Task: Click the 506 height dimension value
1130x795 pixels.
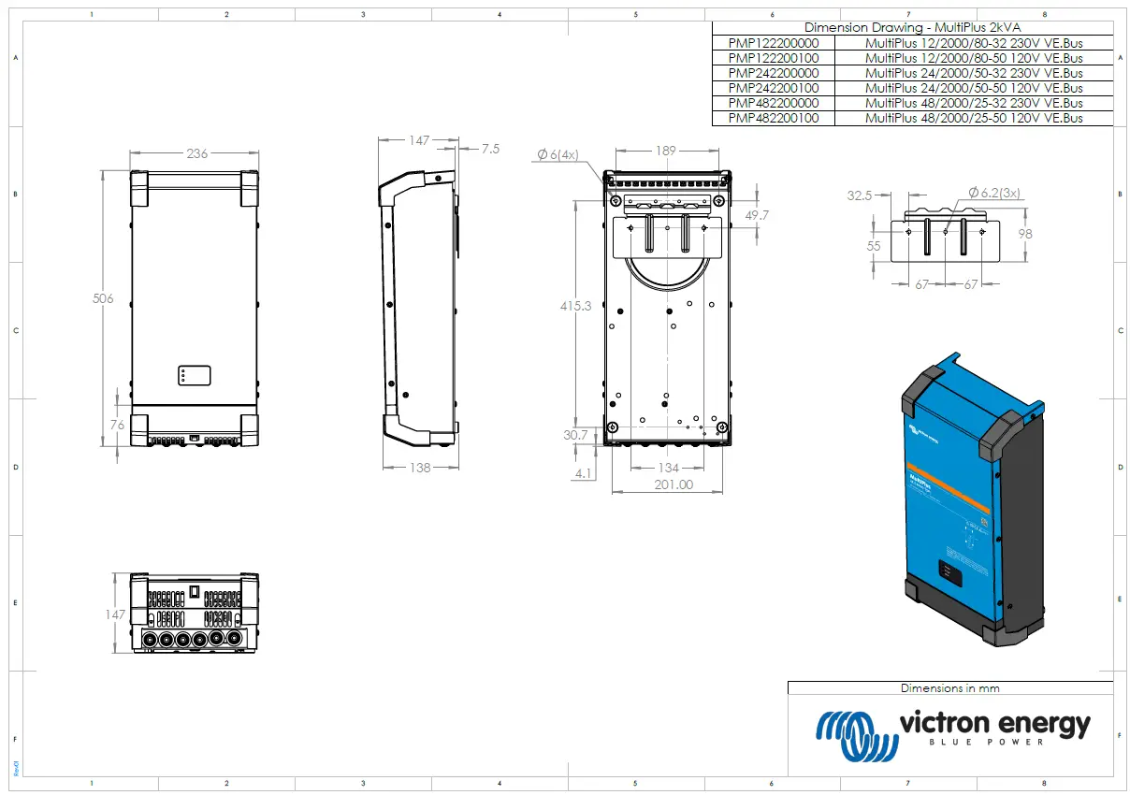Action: (x=103, y=299)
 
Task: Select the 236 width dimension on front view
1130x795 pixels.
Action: (x=196, y=153)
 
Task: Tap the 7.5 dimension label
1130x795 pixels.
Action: (x=490, y=149)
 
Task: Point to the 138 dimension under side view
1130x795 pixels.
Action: (x=420, y=467)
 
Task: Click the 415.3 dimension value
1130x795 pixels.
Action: (x=575, y=306)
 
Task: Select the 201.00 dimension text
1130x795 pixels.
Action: (x=674, y=484)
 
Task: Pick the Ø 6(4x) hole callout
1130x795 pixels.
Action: (x=558, y=154)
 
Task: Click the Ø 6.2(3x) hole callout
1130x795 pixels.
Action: (x=994, y=192)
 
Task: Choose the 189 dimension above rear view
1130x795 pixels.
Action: (x=665, y=151)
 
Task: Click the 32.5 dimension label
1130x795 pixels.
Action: (x=859, y=195)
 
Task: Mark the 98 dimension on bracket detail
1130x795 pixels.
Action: (x=1025, y=234)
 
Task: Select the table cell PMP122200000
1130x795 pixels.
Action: (x=773, y=43)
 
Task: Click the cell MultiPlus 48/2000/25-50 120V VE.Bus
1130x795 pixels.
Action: (x=973, y=118)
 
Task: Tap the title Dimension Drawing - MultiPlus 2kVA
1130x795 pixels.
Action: (x=912, y=28)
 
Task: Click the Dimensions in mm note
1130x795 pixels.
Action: (x=949, y=688)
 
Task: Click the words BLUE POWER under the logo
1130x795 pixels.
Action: (x=993, y=743)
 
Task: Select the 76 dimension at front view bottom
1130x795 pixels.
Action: (x=118, y=426)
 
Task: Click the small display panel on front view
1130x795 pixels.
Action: (x=194, y=376)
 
